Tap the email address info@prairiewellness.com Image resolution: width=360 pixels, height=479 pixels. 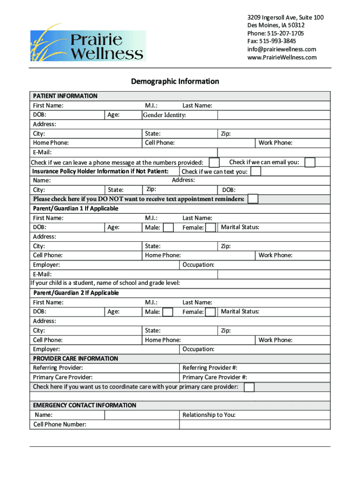click(x=281, y=49)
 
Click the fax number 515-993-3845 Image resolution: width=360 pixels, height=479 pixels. click(x=272, y=41)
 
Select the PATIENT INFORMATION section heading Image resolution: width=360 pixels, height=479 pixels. click(x=65, y=96)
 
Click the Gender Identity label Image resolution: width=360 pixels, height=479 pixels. click(x=164, y=115)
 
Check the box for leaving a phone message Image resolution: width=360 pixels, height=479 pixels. click(x=214, y=162)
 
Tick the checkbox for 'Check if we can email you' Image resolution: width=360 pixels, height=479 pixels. click(x=310, y=162)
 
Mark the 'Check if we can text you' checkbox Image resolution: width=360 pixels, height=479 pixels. click(x=255, y=171)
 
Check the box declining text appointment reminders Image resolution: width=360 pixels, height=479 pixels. click(x=252, y=199)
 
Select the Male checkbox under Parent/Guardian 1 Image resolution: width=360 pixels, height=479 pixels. click(x=168, y=227)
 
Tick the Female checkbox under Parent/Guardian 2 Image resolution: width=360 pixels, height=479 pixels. click(x=210, y=312)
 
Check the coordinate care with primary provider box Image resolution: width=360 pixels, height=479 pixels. click(x=249, y=387)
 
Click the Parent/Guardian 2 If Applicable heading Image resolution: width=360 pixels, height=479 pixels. click(x=76, y=293)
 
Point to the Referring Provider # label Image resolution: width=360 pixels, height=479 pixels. click(x=213, y=368)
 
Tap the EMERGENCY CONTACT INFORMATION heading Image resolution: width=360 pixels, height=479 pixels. click(x=85, y=405)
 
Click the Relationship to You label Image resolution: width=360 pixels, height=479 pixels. click(x=209, y=415)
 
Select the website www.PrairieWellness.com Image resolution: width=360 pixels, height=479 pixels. click(x=282, y=57)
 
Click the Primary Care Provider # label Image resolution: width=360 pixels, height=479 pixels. click(x=215, y=377)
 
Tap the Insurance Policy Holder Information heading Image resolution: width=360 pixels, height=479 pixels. click(x=100, y=171)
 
